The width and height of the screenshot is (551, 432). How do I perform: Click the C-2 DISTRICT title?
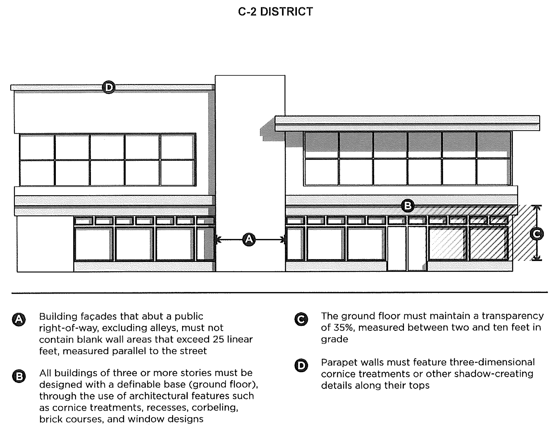click(275, 12)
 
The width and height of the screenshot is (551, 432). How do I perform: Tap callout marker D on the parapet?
click(109, 87)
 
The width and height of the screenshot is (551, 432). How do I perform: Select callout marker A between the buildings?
click(249, 240)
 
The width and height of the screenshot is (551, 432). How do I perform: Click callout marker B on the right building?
click(408, 206)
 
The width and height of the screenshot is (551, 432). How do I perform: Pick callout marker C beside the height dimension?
click(537, 234)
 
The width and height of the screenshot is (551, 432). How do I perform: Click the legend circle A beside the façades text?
click(19, 320)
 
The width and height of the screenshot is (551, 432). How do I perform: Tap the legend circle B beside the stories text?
click(19, 376)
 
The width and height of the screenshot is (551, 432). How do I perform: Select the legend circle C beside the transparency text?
click(301, 319)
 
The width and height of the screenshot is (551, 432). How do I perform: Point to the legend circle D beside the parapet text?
click(301, 366)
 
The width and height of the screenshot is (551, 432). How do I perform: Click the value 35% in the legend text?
click(343, 327)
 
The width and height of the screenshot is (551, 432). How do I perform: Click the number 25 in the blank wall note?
click(218, 339)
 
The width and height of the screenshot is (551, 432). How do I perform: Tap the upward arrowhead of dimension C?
click(537, 207)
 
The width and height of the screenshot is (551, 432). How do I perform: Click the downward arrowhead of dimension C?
click(537, 259)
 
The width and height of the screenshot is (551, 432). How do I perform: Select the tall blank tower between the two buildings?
click(250, 155)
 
